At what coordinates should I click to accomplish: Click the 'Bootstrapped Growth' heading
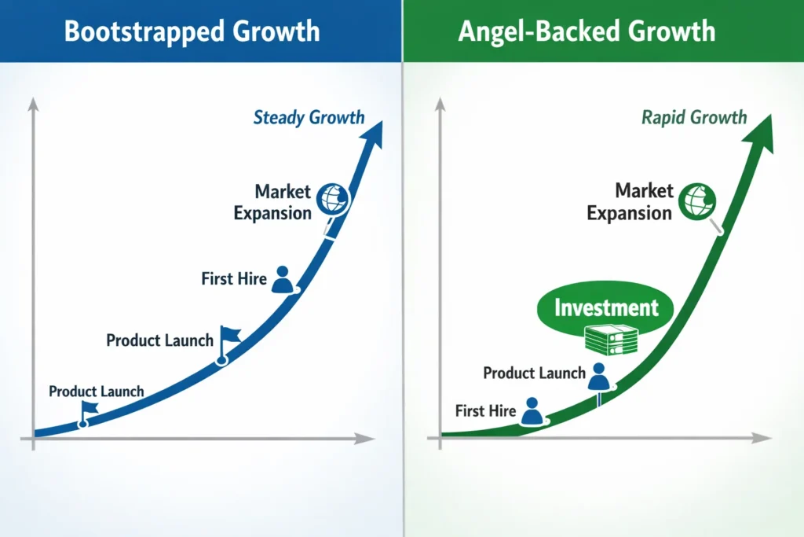pos(192,31)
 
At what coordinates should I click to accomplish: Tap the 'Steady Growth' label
pos(309,118)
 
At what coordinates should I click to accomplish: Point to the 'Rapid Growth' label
pos(694,118)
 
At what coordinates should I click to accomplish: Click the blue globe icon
pos(332,201)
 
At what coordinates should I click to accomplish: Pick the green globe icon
pos(696,200)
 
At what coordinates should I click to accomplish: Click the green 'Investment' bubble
pos(606,307)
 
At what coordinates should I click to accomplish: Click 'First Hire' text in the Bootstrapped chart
pos(234,278)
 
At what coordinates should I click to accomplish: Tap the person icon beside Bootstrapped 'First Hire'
pos(283,280)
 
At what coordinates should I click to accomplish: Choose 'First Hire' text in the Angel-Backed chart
pos(485,410)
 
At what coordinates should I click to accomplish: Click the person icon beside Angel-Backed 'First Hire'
pos(532,411)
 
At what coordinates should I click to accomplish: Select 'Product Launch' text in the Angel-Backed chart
pos(534,373)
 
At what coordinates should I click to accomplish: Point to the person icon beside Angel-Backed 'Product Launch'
pos(599,377)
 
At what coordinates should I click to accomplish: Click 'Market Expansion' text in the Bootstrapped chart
pos(272,202)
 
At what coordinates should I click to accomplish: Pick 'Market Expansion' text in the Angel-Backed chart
pos(630,201)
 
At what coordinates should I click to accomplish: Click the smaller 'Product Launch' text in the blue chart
pos(96,391)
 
